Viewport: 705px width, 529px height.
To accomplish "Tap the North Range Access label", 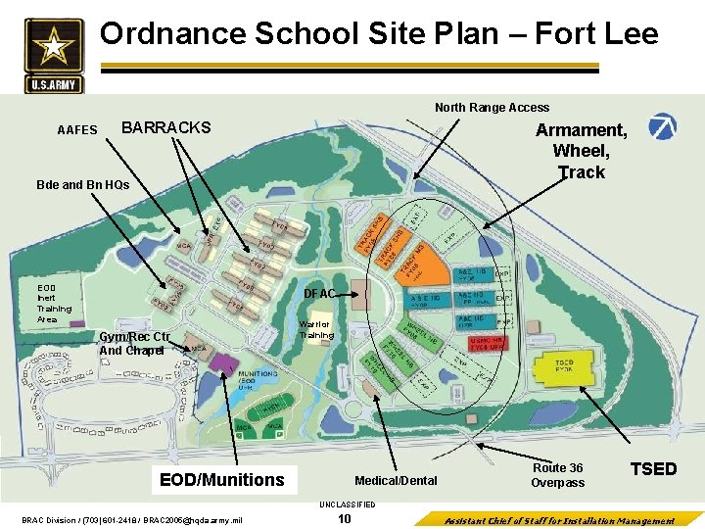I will [492, 108].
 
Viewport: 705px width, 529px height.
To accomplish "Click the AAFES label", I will [77, 130].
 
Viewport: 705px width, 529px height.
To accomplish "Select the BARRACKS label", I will [165, 128].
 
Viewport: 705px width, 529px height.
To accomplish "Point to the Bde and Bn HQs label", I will [82, 184].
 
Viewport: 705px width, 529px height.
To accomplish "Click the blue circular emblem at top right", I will [664, 126].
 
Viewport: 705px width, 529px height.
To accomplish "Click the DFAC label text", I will [319, 294].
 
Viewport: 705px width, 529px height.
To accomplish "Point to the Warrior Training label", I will [316, 329].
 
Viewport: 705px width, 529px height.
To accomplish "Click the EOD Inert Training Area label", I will [54, 303].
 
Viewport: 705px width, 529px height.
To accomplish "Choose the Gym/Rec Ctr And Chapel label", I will [134, 344].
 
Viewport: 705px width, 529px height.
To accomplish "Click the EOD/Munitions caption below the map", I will [222, 479].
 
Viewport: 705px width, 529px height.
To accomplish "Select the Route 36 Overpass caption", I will [557, 475].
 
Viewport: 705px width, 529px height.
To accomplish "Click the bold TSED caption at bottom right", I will [653, 469].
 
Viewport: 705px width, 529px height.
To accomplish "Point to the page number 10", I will [344, 519].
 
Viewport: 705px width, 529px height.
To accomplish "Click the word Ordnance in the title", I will [172, 34].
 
